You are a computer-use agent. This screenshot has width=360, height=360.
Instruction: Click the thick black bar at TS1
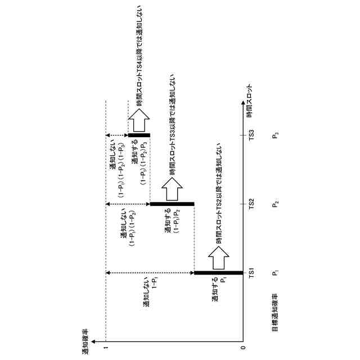click(220, 273)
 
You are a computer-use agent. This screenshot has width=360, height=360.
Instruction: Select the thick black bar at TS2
click(172, 204)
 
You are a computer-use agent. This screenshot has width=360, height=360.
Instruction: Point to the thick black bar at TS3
click(138, 135)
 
